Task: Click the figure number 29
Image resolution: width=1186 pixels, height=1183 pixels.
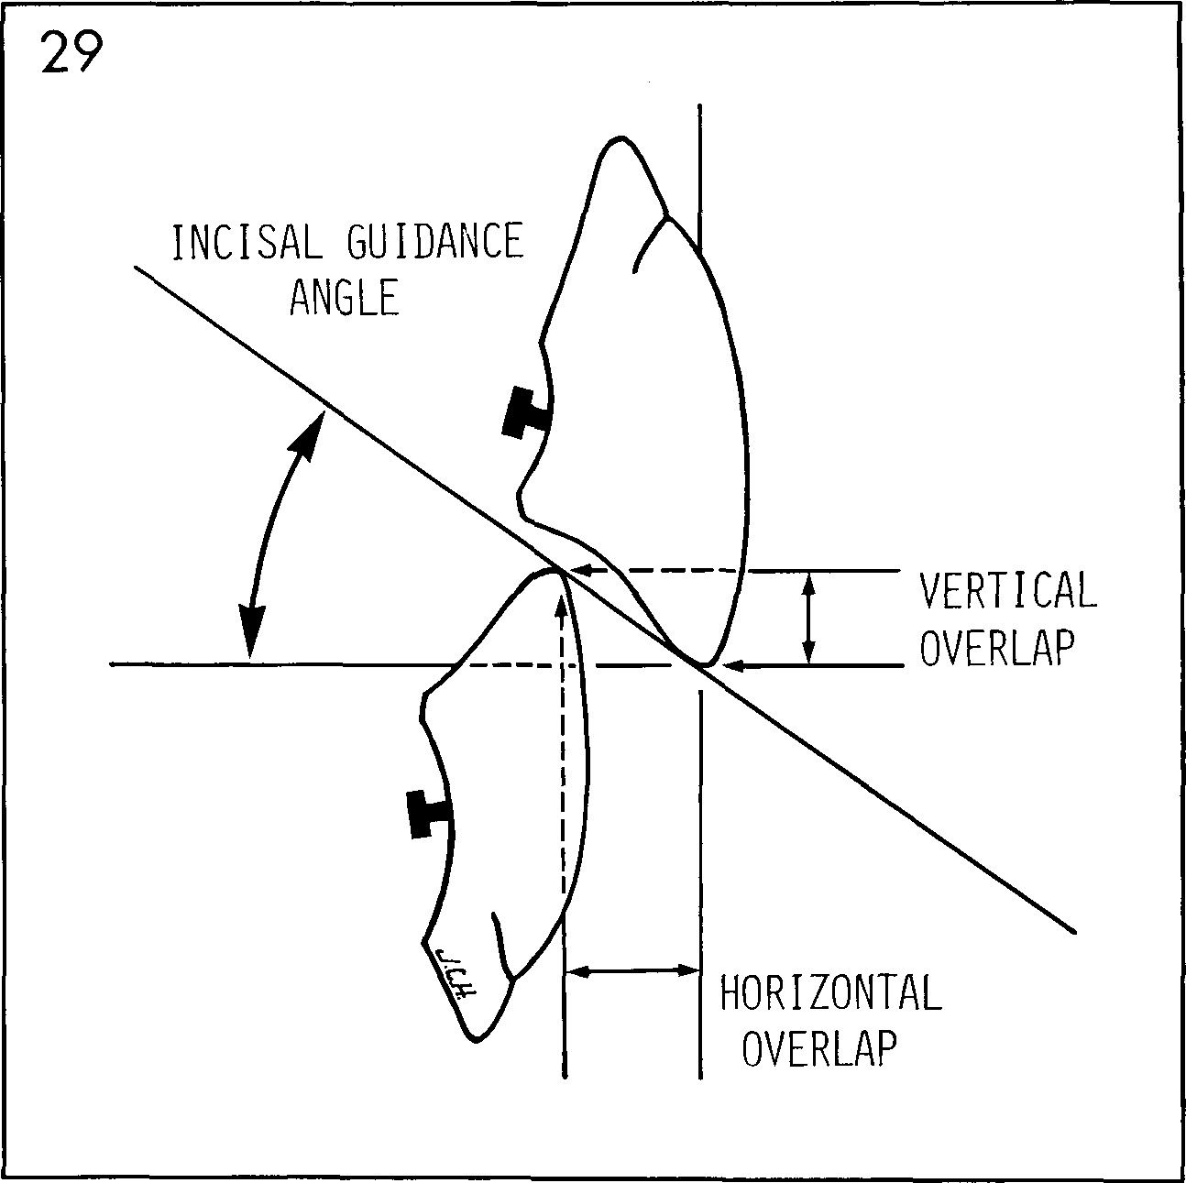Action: pyautogui.click(x=70, y=56)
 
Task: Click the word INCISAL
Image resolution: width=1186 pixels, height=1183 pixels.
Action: pyautogui.click(x=245, y=243)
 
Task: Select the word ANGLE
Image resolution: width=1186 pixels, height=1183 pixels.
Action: pyautogui.click(x=344, y=298)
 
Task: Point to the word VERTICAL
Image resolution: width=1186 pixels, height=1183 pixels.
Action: pyautogui.click(x=1007, y=591)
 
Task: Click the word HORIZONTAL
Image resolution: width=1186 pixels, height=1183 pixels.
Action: pyautogui.click(x=830, y=994)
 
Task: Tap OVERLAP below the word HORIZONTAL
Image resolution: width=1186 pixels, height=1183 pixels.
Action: pyautogui.click(x=818, y=1049)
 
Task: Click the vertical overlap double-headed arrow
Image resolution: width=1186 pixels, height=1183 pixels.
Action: pyautogui.click(x=807, y=618)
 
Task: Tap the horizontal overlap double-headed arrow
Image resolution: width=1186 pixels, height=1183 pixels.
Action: pyautogui.click(x=632, y=971)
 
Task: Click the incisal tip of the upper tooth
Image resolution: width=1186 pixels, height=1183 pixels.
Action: pyautogui.click(x=704, y=663)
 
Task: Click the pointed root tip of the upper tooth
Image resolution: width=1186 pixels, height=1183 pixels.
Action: pyautogui.click(x=620, y=140)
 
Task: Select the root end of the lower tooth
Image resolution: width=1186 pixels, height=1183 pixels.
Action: pyautogui.click(x=477, y=1037)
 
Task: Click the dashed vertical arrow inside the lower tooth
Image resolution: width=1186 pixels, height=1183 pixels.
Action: pyautogui.click(x=560, y=733)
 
